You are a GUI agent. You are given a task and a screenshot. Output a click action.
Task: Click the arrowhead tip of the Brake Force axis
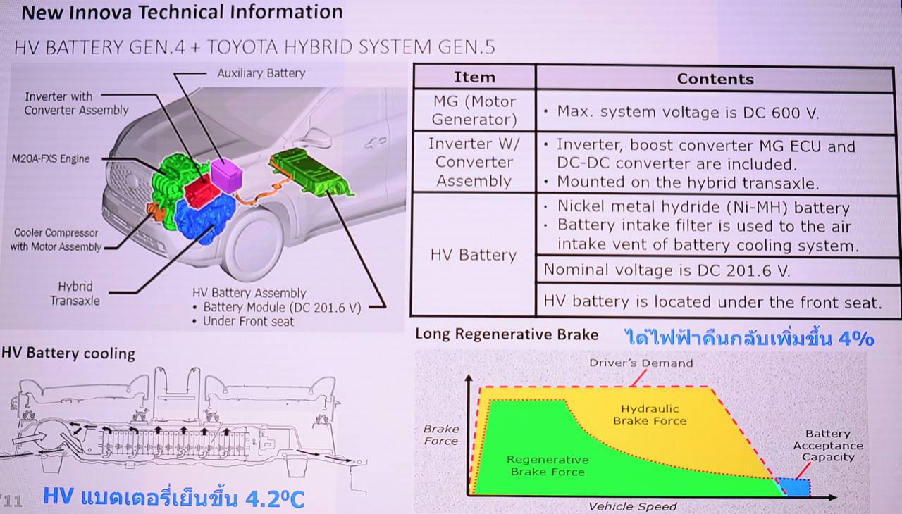[469, 375]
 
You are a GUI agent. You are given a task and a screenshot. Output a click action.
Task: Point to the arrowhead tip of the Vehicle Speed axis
[837, 498]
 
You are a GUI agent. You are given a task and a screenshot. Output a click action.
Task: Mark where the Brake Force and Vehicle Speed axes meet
[469, 496]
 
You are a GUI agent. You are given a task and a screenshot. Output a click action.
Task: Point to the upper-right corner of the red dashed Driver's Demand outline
[711, 387]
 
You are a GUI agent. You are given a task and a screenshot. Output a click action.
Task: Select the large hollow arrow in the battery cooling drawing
[30, 439]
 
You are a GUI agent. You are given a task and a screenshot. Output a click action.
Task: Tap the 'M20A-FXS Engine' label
[51, 159]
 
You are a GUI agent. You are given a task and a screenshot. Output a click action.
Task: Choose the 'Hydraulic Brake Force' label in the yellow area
[650, 415]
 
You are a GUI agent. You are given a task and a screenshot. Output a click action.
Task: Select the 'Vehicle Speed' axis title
[633, 506]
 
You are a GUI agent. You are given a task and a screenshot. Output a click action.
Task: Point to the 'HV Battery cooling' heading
[68, 353]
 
